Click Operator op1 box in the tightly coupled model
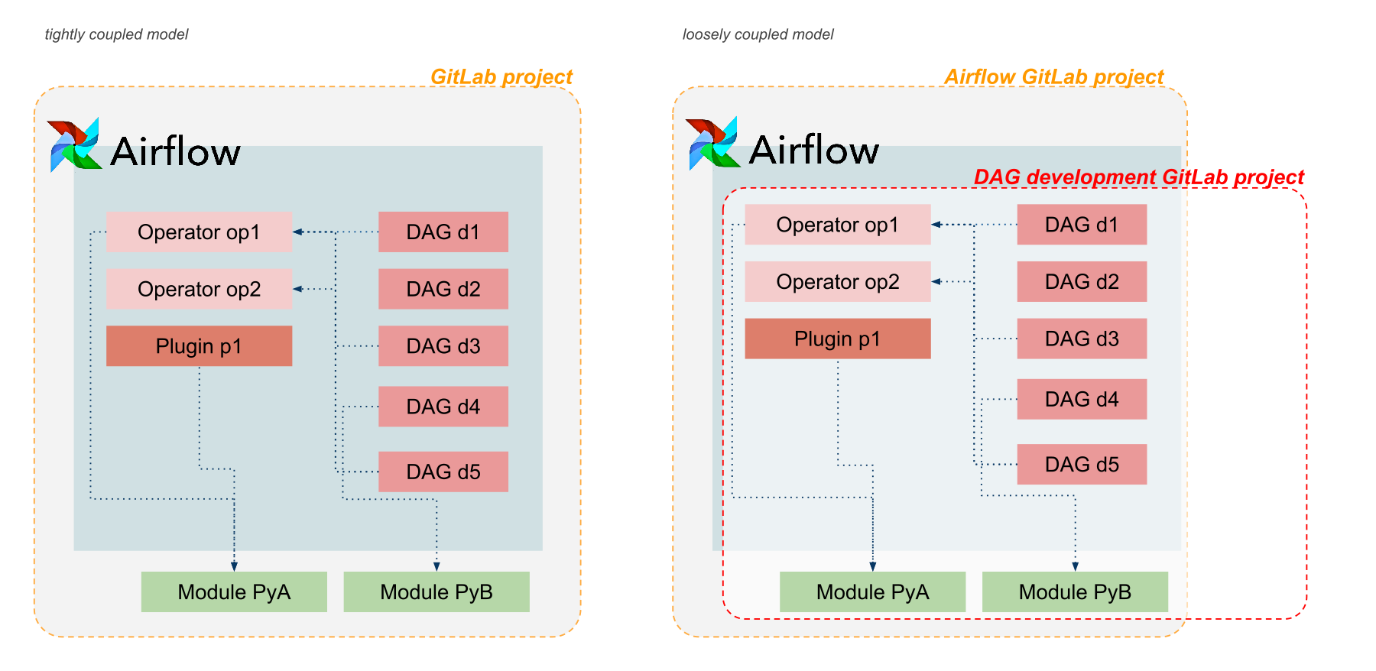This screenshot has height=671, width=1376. pyautogui.click(x=199, y=232)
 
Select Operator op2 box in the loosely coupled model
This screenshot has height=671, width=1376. pyautogui.click(x=837, y=281)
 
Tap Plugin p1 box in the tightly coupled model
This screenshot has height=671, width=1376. pyautogui.click(x=199, y=346)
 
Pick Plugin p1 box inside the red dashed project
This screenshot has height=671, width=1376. pyautogui.click(x=837, y=339)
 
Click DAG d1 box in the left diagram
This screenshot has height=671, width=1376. pyautogui.click(x=443, y=232)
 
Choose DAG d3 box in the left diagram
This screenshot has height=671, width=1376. pyautogui.click(x=443, y=346)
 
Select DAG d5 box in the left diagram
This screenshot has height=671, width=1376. pyautogui.click(x=443, y=472)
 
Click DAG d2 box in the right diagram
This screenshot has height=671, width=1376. pyautogui.click(x=1081, y=281)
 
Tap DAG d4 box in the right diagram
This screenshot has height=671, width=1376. pyautogui.click(x=1081, y=399)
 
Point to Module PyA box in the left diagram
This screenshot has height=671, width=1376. pyautogui.click(x=234, y=592)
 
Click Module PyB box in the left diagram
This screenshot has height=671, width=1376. pyautogui.click(x=436, y=592)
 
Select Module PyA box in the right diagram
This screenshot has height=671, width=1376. pyautogui.click(x=872, y=592)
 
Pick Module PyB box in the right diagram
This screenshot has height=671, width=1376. pyautogui.click(x=1074, y=592)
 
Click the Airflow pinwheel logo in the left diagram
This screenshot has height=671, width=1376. pyautogui.click(x=74, y=144)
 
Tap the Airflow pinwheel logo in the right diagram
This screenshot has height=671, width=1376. pyautogui.click(x=712, y=144)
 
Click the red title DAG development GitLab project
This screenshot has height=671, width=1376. pyautogui.click(x=1138, y=177)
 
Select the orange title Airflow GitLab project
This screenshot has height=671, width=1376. pyautogui.click(x=1053, y=76)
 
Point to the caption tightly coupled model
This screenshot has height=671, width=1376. pyautogui.click(x=116, y=34)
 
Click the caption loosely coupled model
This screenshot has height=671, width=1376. pyautogui.click(x=758, y=34)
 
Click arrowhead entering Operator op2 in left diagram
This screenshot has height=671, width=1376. pyautogui.click(x=298, y=289)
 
